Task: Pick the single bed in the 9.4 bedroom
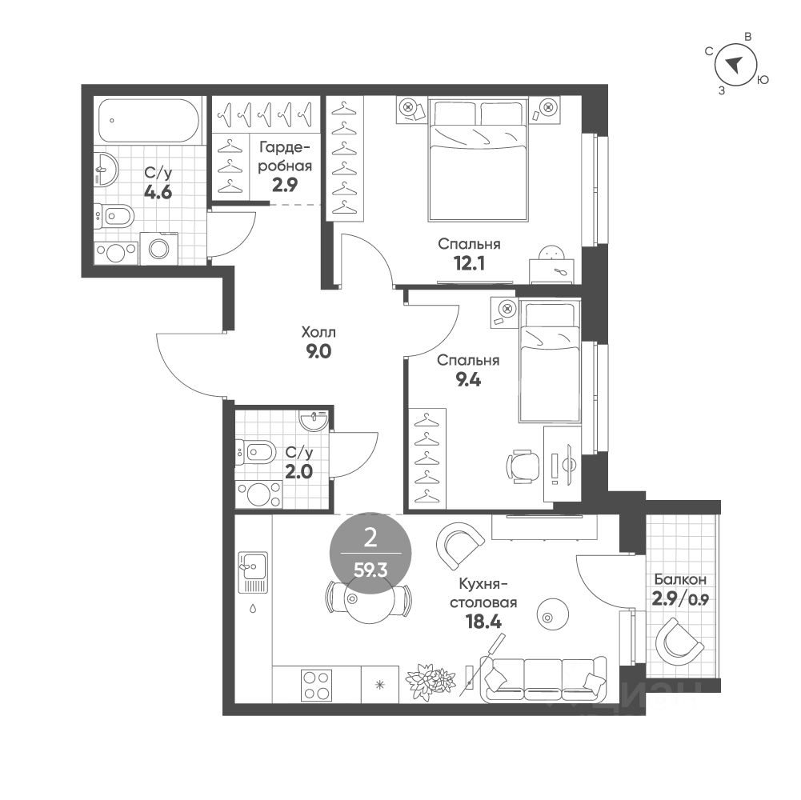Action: (547, 360)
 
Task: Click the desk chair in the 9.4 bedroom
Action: (523, 466)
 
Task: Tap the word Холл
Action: (318, 331)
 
